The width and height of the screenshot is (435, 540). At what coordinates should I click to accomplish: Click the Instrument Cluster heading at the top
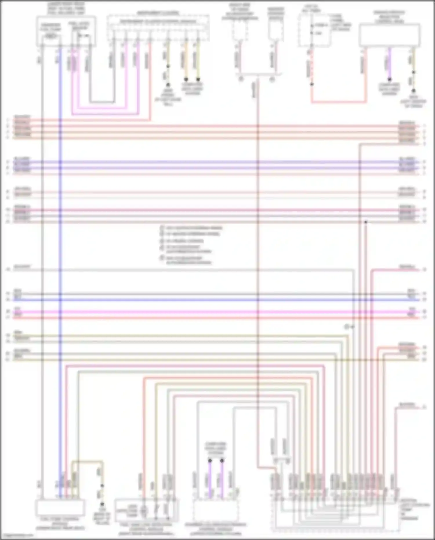tap(158, 13)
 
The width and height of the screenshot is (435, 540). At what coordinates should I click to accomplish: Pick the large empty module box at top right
tap(389, 35)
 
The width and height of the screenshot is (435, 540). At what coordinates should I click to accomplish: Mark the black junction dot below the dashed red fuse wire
tap(312, 84)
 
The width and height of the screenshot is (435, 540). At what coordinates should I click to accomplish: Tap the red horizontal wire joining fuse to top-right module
tap(338, 102)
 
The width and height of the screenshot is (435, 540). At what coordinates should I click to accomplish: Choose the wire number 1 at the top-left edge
tap(8, 120)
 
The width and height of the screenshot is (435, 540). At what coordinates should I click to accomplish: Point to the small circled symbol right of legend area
tap(346, 327)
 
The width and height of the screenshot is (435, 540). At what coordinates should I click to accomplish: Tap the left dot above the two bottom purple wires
tap(210, 460)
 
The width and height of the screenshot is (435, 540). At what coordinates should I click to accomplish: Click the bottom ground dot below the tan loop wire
tap(102, 505)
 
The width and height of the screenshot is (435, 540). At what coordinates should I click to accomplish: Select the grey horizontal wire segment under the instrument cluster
tap(101, 102)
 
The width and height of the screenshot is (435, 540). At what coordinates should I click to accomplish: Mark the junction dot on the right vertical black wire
tap(366, 222)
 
